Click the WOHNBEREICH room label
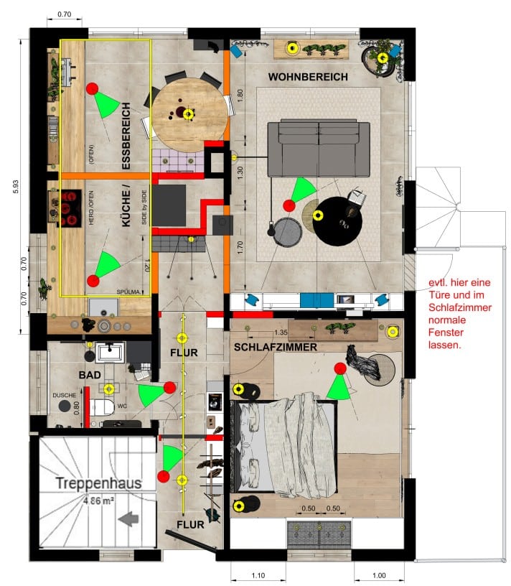point(308,77)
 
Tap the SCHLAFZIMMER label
point(276,348)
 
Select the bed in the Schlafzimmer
point(286,445)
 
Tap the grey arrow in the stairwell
point(130,518)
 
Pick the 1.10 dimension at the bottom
point(258,575)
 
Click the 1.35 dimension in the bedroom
point(281,333)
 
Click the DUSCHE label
point(64,395)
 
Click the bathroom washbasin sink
point(109,353)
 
